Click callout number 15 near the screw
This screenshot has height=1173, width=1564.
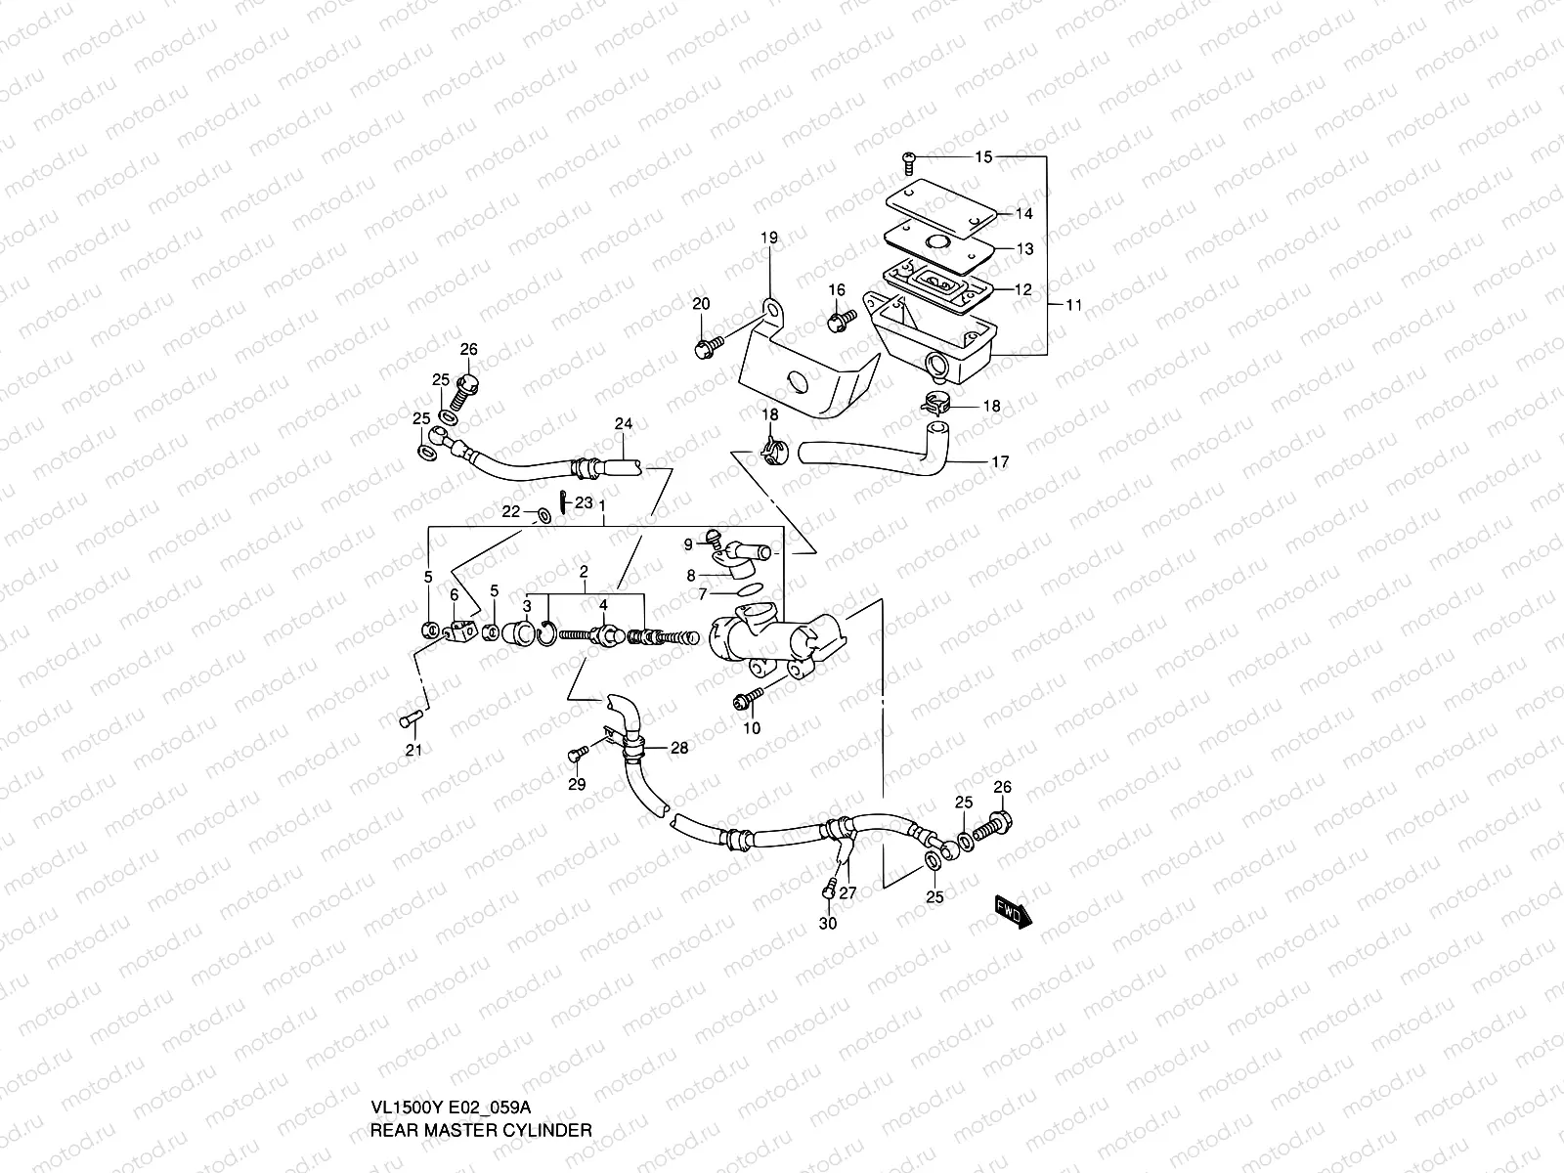click(x=982, y=157)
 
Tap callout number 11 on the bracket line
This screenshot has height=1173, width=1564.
click(x=1073, y=305)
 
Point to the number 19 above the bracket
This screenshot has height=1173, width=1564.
click(x=769, y=238)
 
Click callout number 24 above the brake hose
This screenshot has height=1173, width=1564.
click(x=623, y=424)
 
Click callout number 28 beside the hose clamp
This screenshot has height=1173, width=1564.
click(x=678, y=749)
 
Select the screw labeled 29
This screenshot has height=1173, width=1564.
click(x=575, y=754)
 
